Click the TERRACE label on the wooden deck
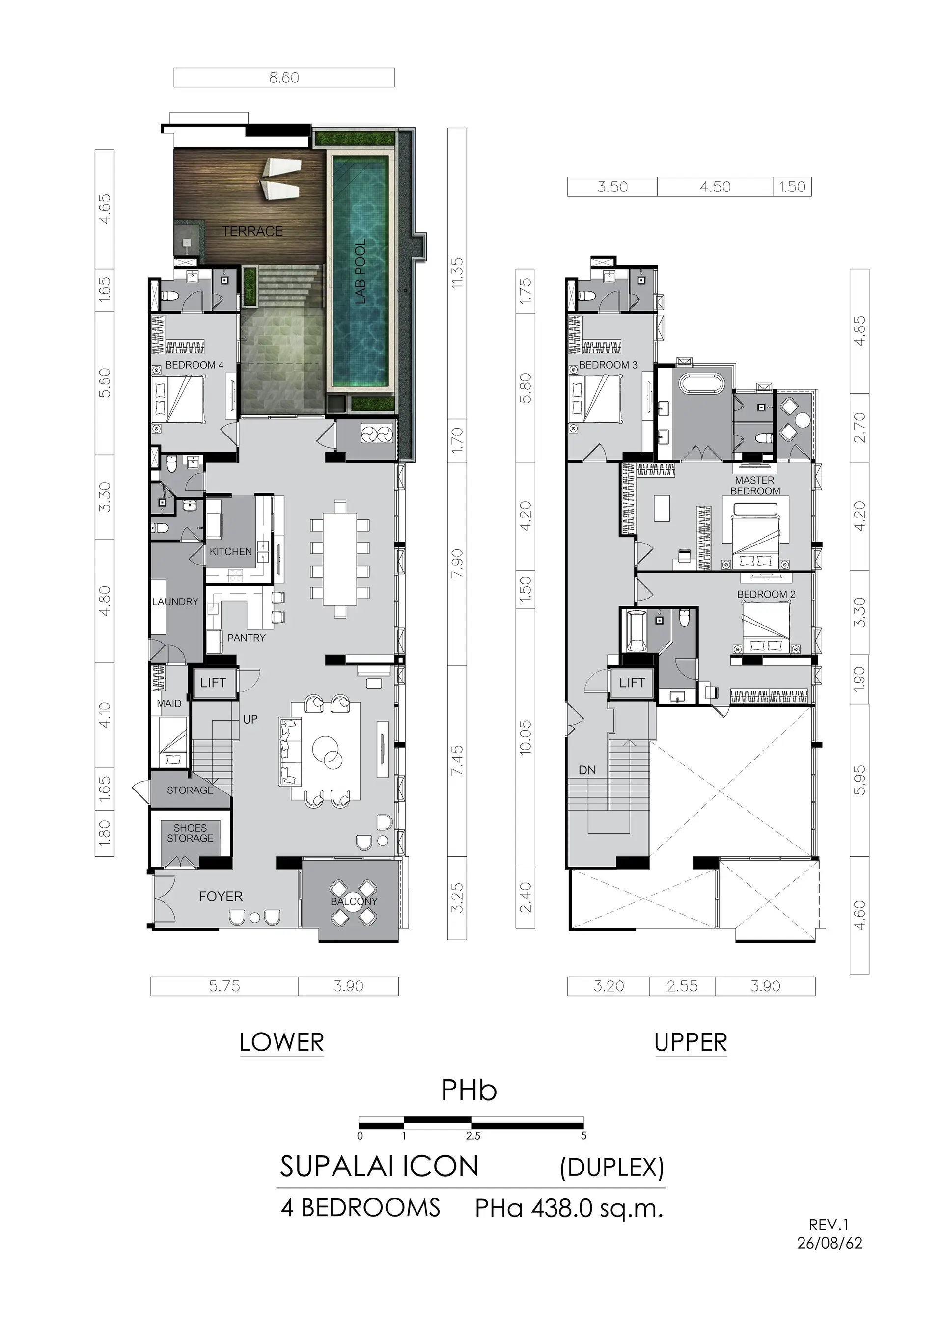click(252, 231)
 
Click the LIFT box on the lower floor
click(213, 682)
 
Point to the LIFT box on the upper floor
click(632, 682)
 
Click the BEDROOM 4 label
click(194, 365)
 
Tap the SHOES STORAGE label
click(190, 833)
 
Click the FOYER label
click(221, 897)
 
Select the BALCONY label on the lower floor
click(354, 902)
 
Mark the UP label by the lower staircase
click(250, 719)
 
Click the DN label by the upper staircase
click(587, 770)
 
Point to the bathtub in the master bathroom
click(703, 384)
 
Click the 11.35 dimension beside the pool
click(457, 273)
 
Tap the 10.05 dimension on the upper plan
click(525, 737)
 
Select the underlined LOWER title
click(281, 1042)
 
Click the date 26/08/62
click(830, 1243)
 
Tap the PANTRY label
click(247, 638)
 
